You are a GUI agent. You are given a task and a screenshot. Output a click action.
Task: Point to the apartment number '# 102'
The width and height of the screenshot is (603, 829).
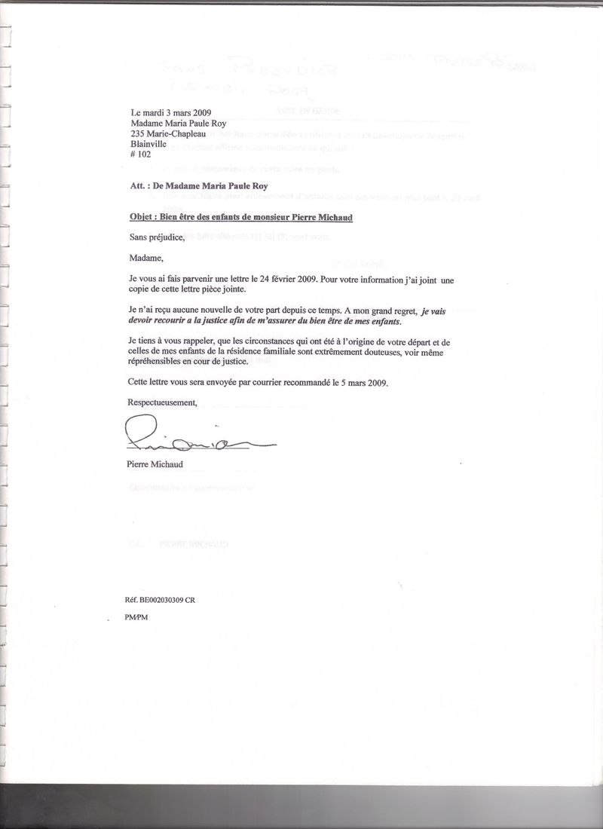click(142, 158)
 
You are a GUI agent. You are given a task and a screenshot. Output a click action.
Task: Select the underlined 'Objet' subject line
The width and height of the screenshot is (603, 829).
click(242, 217)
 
